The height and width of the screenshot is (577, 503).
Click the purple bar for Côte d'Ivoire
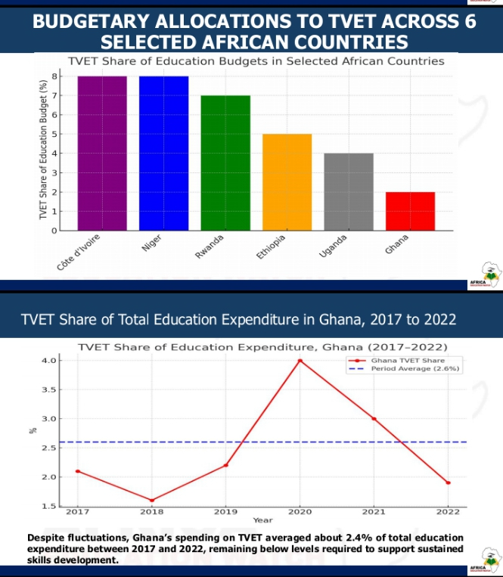coord(102,154)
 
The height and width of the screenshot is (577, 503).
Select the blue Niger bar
coord(163,154)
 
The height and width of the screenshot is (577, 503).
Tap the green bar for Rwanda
coord(225,163)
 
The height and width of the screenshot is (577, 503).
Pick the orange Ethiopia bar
coord(287,182)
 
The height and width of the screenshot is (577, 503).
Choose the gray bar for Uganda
coord(349,192)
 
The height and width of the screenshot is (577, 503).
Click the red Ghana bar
coord(410,211)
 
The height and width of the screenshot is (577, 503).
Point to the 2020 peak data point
coord(300,361)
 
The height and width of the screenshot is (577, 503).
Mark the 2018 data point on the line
coord(151,500)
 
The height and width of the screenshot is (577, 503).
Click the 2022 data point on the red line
coord(448,482)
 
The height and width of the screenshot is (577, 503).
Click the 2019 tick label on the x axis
coord(225,512)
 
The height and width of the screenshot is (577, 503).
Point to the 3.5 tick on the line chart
coord(49,390)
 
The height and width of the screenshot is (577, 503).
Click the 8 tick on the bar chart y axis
coord(54,76)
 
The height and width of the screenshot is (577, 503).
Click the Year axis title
coord(262,520)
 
